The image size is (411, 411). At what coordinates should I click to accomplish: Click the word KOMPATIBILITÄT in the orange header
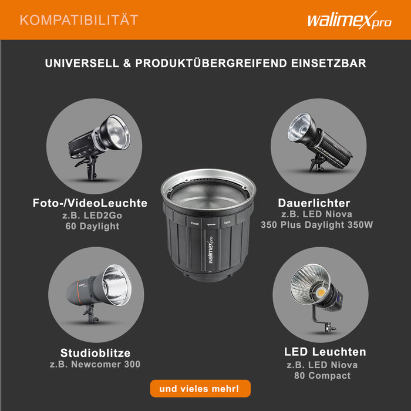tap(79, 21)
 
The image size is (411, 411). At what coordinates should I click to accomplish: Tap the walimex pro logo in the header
tap(349, 20)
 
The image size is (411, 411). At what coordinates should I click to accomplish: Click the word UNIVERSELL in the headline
tap(82, 63)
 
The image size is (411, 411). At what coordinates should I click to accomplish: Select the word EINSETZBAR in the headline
tap(328, 63)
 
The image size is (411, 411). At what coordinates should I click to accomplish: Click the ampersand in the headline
tap(127, 63)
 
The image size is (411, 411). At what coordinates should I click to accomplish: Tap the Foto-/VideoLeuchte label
tap(90, 203)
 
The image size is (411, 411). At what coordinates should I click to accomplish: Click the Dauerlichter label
tap(314, 203)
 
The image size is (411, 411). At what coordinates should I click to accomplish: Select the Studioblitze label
tap(95, 353)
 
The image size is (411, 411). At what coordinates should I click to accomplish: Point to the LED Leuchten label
tap(325, 352)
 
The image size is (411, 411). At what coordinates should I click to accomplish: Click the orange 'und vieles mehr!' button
tap(200, 389)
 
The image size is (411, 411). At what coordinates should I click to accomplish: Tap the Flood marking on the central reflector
tap(194, 224)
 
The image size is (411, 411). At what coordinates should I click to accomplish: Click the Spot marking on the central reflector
tap(227, 223)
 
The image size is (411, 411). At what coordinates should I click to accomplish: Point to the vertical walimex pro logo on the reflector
tap(210, 250)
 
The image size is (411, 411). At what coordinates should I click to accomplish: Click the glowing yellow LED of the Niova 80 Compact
tap(321, 292)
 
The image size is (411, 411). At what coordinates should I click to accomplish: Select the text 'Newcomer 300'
tap(106, 365)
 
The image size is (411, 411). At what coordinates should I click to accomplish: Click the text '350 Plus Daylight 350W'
tap(316, 225)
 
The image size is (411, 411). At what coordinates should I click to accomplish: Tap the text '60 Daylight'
tap(92, 226)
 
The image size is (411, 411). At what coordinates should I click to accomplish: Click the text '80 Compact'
tap(322, 376)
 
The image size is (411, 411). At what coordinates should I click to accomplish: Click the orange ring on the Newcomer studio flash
tap(79, 291)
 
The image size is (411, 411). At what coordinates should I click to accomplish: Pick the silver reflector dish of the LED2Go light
tap(117, 133)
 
